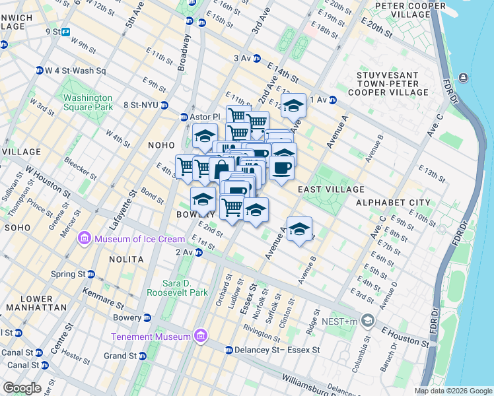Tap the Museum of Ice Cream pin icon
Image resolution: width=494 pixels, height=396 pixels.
pyautogui.click(x=84, y=238)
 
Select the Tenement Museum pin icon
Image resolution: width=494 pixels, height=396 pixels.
pyautogui.click(x=201, y=337)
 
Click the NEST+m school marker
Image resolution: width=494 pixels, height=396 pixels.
pyautogui.click(x=367, y=322)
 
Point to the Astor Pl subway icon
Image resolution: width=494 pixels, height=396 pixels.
pyautogui.click(x=184, y=117)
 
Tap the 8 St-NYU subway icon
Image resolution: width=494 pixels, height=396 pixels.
pyautogui.click(x=164, y=105)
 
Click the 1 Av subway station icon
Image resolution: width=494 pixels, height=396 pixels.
pyautogui.click(x=334, y=100)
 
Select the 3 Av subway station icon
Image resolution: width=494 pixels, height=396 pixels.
pyautogui.click(x=256, y=58)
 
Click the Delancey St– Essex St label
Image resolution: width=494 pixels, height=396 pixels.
pyautogui.click(x=277, y=350)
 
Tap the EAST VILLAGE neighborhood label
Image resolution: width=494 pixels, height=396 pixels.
pyautogui.click(x=323, y=189)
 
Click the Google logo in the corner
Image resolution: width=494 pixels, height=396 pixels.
pyautogui.click(x=21, y=388)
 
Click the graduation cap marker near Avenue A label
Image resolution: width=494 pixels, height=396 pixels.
pyautogui.click(x=300, y=230)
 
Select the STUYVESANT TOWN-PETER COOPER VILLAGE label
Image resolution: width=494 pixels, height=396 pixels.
pyautogui.click(x=392, y=84)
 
